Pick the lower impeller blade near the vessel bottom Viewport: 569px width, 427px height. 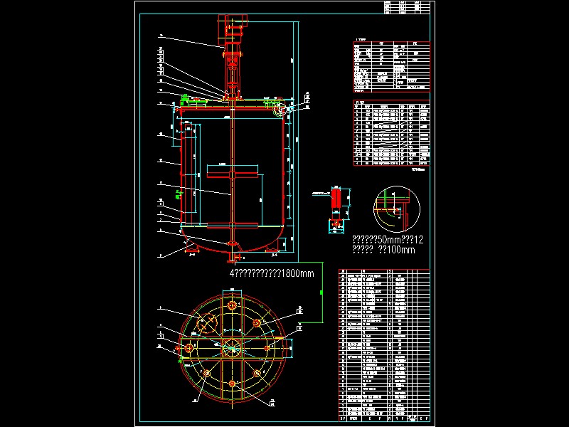(233, 227)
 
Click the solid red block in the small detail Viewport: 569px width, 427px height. (335, 197)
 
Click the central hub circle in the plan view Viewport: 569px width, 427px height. (232, 347)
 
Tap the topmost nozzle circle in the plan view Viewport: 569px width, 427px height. (232, 305)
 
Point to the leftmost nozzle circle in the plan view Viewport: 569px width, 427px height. (189, 348)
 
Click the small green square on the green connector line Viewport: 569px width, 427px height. (321, 292)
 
